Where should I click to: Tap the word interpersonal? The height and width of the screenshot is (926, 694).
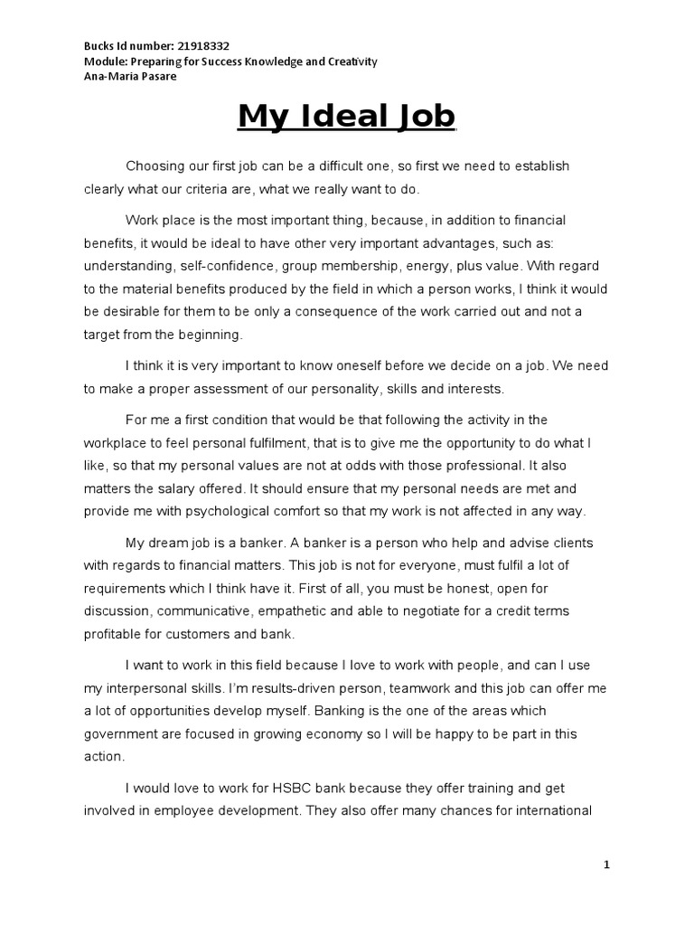(156, 688)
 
